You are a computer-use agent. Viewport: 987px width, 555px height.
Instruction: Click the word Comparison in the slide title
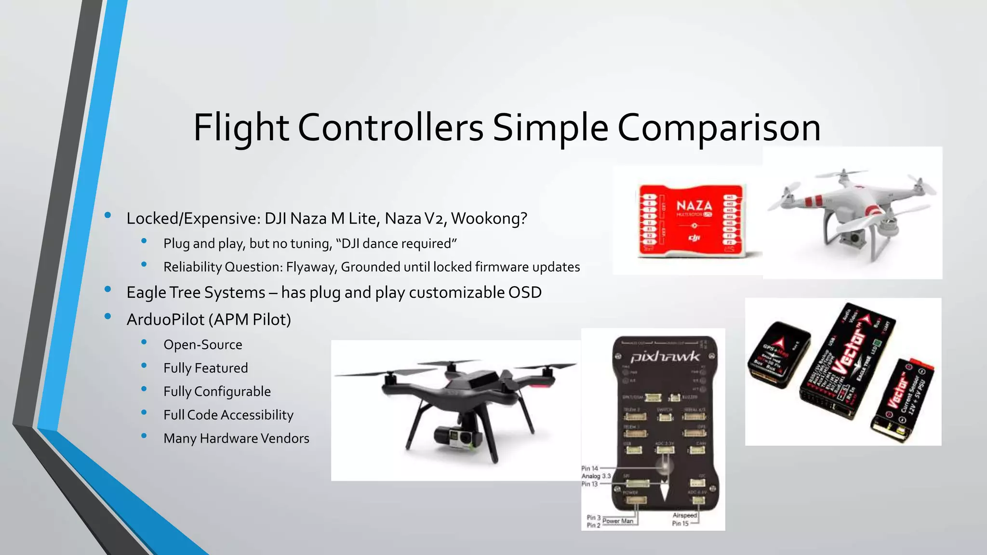(719, 128)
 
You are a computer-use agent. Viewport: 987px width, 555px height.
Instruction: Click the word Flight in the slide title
(241, 128)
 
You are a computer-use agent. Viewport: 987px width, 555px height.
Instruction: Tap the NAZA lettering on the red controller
(694, 206)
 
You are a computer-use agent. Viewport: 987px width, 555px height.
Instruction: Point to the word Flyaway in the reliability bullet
(311, 267)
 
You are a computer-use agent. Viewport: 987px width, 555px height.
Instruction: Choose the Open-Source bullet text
(203, 345)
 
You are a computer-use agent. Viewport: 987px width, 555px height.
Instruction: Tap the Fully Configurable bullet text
(217, 392)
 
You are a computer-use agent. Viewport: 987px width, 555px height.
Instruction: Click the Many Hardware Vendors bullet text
(236, 438)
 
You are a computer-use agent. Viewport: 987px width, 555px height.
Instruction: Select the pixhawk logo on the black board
(665, 357)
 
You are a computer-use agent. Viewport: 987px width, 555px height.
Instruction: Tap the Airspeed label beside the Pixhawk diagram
(684, 515)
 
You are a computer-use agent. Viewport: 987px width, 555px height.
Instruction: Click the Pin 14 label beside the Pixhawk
(589, 468)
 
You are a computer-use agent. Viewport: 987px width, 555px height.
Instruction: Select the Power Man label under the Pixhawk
(617, 521)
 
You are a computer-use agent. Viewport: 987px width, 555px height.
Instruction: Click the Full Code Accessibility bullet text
(228, 415)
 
